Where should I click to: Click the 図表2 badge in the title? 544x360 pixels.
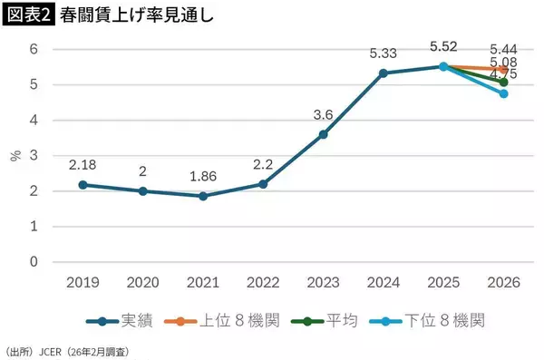[26, 16]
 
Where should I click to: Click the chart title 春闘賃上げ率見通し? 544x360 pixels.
[128, 16]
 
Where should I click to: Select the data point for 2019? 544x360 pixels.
[83, 185]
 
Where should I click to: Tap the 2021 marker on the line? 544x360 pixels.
[203, 196]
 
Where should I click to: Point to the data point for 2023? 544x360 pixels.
[324, 134]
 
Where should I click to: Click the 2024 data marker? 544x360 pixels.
[384, 73]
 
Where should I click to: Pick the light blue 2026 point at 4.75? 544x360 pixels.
[503, 93]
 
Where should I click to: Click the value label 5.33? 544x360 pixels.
[384, 54]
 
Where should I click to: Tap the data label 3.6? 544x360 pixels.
[324, 115]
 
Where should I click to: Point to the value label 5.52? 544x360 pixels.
[443, 45]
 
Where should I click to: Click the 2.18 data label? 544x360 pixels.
[83, 165]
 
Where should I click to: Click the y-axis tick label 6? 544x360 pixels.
[34, 49]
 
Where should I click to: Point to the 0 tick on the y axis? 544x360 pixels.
[34, 262]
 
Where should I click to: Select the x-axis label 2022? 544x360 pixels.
[263, 283]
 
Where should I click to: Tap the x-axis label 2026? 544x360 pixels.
[503, 283]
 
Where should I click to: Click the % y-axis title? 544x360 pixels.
[15, 155]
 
